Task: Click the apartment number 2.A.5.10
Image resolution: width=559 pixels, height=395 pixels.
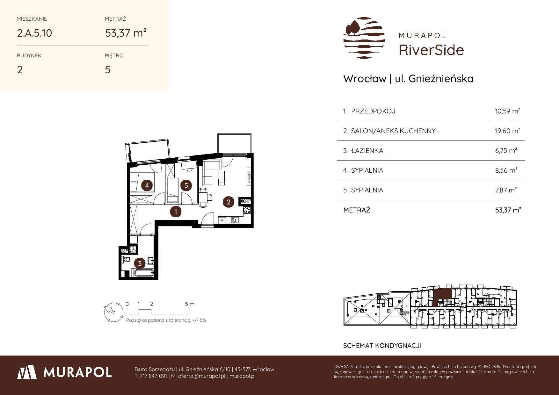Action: pos(34,33)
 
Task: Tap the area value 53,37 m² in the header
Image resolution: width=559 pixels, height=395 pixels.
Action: pos(126,32)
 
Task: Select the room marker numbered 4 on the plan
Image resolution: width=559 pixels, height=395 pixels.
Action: pos(147,185)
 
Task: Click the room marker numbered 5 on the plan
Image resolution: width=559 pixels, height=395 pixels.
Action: pos(186,185)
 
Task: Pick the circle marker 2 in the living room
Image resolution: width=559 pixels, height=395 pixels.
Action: pos(229,201)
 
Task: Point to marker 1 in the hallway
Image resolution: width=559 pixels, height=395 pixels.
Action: pos(176,212)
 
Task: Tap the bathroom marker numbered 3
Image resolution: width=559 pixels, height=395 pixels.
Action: pos(140,263)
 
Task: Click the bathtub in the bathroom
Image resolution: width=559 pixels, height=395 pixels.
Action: pos(142,273)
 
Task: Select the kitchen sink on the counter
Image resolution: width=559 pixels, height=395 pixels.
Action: pos(235,219)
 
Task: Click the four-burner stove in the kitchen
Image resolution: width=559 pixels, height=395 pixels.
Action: pos(247,210)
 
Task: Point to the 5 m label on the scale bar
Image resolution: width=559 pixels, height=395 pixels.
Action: pos(190,304)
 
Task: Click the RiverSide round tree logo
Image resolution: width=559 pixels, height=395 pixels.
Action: pos(364,38)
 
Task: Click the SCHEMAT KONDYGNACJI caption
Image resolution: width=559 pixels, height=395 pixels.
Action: pos(382,346)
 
